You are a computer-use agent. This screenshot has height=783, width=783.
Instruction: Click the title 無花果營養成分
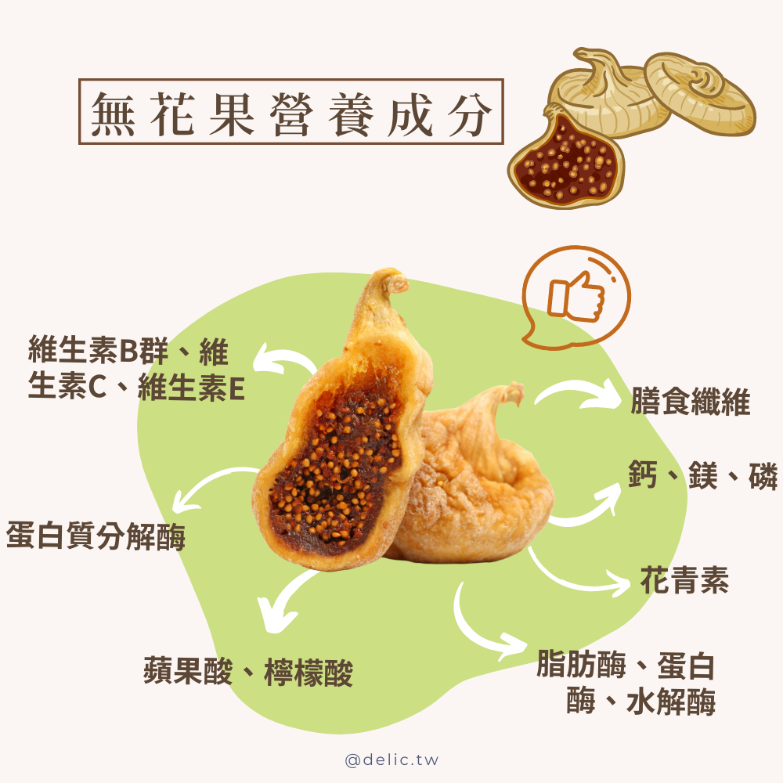(290, 110)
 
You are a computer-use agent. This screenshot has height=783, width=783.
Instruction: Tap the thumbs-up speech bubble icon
(577, 297)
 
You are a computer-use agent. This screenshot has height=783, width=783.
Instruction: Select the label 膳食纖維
(690, 402)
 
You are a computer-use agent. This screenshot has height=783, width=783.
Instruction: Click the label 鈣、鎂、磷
(702, 475)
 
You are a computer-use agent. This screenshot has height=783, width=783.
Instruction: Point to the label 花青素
(684, 580)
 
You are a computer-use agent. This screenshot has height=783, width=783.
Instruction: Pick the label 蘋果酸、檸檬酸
(248, 672)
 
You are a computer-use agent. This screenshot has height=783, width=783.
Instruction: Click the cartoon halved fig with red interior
(566, 161)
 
